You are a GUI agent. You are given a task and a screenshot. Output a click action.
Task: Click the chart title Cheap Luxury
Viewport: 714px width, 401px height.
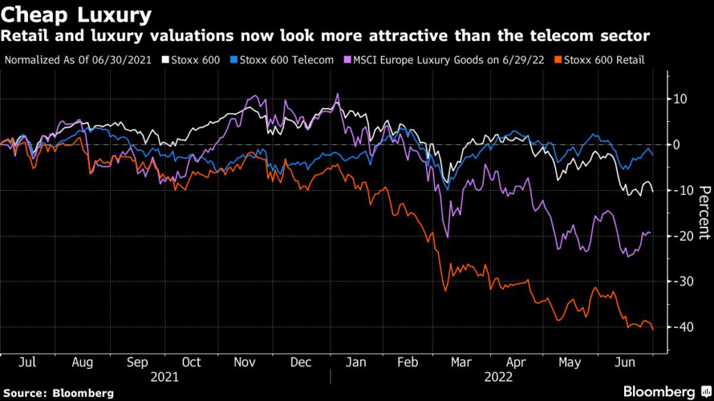77,15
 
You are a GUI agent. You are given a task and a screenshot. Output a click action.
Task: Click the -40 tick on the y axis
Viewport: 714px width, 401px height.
682,327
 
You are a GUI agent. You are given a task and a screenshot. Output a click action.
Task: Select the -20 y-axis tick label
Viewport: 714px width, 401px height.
682,236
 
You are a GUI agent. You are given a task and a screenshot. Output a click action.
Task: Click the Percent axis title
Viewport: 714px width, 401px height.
704,213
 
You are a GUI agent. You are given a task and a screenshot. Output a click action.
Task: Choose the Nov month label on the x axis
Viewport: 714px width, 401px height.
244,363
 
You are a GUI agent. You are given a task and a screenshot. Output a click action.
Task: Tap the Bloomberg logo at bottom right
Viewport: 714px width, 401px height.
658,392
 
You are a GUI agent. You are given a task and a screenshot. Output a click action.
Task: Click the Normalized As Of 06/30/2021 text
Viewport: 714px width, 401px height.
79,60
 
